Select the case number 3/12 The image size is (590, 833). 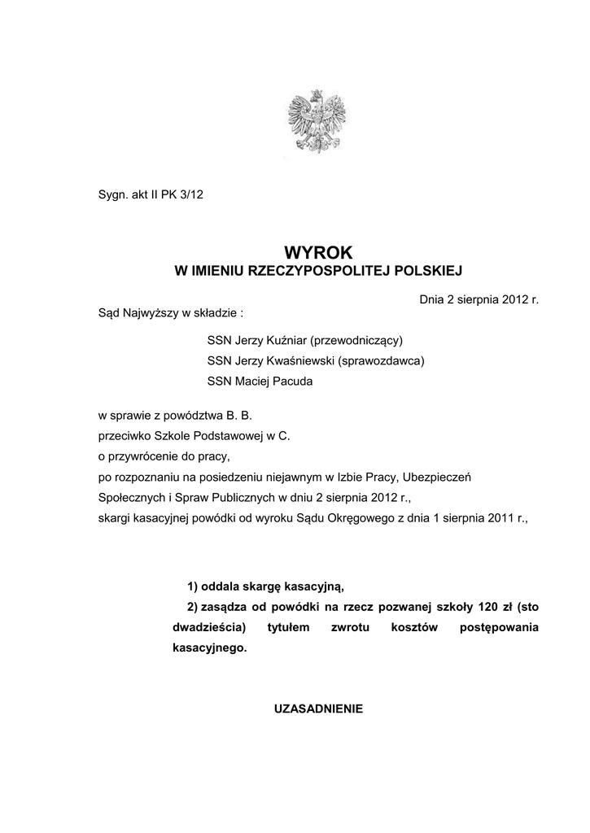coord(204,195)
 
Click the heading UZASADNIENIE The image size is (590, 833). coord(318,709)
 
